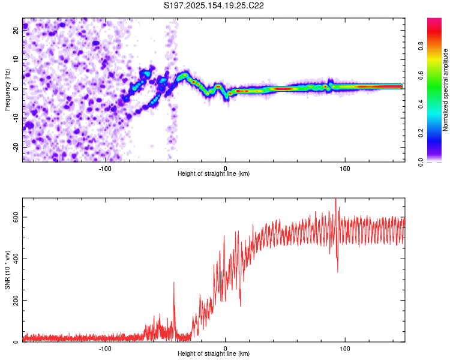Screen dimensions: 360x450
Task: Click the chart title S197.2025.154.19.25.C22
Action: click(214, 5)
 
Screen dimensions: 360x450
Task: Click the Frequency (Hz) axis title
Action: click(7, 89)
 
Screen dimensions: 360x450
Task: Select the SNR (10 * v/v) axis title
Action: click(7, 269)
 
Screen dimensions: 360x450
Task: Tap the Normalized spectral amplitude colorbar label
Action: click(445, 89)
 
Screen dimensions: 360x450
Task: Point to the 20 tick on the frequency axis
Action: click(16, 31)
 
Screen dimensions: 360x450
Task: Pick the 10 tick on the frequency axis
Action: click(16, 60)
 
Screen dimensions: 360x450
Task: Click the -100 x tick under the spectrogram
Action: click(106, 168)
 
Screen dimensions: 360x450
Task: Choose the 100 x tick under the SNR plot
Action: click(344, 348)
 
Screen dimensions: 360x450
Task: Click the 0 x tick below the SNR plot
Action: click(225, 348)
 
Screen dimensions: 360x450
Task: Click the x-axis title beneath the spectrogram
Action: click(214, 174)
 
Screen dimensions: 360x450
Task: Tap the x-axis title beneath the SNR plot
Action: click(214, 354)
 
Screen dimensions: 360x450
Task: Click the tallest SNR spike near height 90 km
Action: click(335, 200)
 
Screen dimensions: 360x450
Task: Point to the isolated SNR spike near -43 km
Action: click(174, 283)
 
